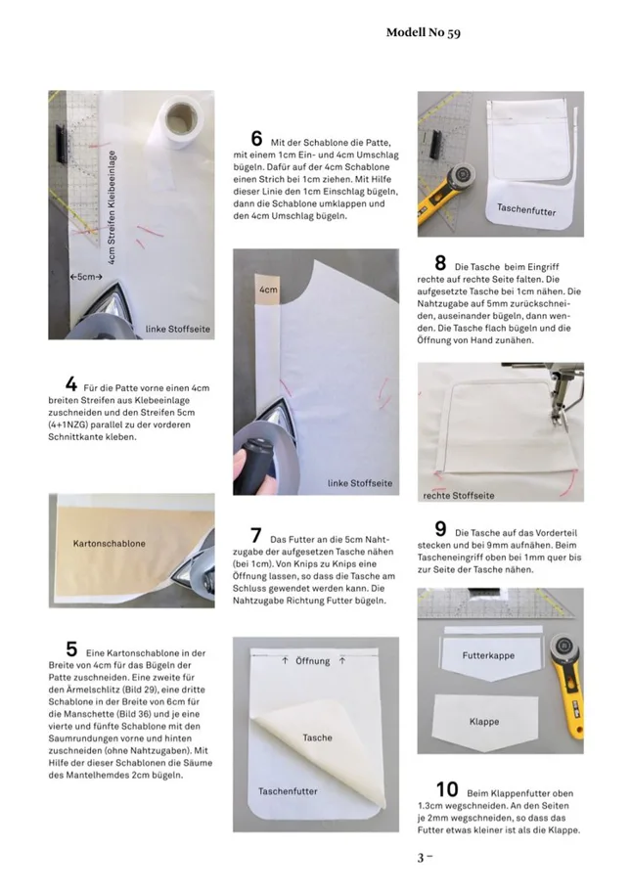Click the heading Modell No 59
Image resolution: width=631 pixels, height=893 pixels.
(x=423, y=32)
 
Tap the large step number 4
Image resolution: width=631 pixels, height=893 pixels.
(x=71, y=382)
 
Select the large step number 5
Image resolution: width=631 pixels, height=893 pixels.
(x=71, y=648)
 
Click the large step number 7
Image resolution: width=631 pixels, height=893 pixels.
(x=255, y=535)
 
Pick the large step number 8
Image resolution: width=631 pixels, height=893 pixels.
(x=440, y=262)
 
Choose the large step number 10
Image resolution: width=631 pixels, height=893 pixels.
(x=446, y=787)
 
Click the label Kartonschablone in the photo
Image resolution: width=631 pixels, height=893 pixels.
(x=110, y=542)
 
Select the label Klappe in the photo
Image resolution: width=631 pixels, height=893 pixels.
(x=484, y=722)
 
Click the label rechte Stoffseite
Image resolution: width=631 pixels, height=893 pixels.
(x=459, y=495)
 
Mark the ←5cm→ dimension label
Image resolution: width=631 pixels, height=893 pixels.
(x=87, y=277)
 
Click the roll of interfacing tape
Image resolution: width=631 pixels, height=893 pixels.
(x=184, y=119)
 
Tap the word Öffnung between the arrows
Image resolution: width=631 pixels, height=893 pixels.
(x=313, y=661)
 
